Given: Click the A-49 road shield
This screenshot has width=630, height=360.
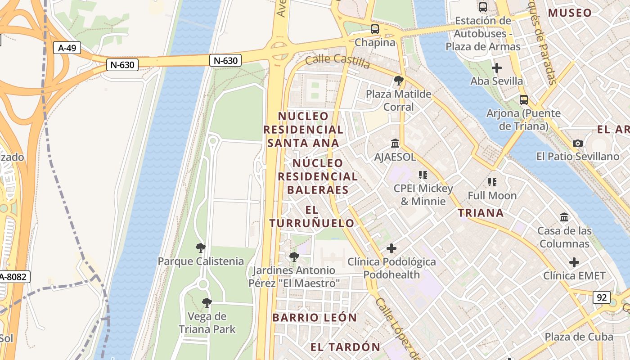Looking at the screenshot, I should [x=67, y=48].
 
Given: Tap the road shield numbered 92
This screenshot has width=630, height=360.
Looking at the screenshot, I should [x=602, y=297].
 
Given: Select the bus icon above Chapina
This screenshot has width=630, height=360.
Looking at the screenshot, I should [x=375, y=29].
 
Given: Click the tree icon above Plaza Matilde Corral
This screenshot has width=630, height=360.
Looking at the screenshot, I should [x=398, y=81].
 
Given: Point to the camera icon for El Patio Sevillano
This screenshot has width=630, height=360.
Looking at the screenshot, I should [x=578, y=143].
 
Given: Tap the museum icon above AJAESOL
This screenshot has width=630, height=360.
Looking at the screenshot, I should [x=395, y=143].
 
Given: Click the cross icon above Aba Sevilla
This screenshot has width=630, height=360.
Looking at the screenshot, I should [x=497, y=68].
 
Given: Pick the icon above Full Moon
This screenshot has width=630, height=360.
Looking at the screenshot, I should [x=492, y=182].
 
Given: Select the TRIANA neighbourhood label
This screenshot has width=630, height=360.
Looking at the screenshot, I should [x=481, y=213].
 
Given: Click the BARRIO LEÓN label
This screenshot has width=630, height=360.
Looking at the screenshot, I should [x=315, y=317].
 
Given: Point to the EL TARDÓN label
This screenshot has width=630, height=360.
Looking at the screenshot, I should [x=346, y=347].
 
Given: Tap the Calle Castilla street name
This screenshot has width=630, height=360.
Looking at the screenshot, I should [x=337, y=62].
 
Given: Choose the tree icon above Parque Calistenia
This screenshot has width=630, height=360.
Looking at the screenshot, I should [x=201, y=247].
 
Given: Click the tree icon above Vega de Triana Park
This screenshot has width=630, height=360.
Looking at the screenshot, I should [x=207, y=302].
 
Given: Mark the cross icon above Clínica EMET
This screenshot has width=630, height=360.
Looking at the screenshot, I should [x=574, y=262].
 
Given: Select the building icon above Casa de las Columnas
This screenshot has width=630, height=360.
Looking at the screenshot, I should [x=564, y=217].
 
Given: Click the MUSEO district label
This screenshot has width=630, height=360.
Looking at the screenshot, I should [x=570, y=13].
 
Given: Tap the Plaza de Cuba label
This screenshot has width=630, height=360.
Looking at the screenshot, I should [x=579, y=337].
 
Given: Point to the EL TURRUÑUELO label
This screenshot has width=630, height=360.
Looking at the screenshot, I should [x=312, y=216].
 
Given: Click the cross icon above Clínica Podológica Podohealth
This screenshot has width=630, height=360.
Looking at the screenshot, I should [x=391, y=248].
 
